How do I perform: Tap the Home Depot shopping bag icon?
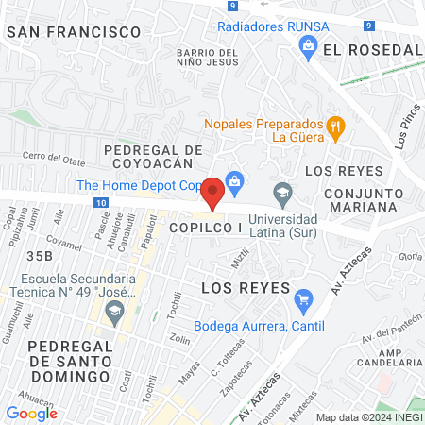(236, 180)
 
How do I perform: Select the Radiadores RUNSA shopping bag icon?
(307, 45)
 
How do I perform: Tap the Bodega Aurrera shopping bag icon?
(303, 302)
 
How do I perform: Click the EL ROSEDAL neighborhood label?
(371, 49)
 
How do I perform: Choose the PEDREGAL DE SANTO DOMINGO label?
(71, 361)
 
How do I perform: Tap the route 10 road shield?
(101, 202)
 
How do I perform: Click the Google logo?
(31, 413)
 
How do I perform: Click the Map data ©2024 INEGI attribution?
(367, 417)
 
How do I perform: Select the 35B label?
(40, 255)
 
